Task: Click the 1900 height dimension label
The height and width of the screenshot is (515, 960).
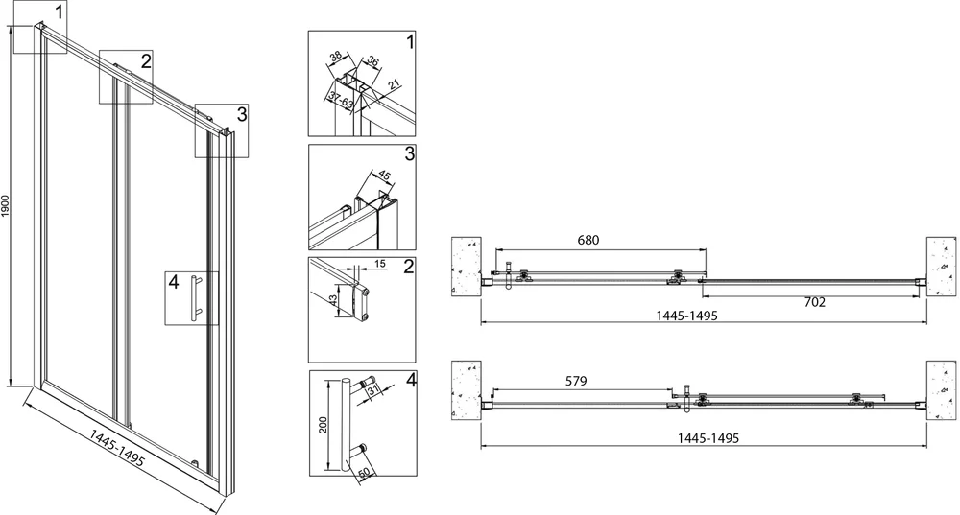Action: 6,206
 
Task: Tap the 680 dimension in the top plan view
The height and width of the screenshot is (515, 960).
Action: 588,240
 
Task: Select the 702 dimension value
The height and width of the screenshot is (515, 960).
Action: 815,302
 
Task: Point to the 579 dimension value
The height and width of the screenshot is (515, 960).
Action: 576,381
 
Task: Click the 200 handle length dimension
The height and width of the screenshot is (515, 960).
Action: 324,425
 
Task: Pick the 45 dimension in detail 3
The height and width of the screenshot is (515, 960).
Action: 384,175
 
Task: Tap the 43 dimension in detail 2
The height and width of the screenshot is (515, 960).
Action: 333,300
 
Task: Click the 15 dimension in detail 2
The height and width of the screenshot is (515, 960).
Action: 379,264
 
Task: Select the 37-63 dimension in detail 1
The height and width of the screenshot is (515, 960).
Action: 341,100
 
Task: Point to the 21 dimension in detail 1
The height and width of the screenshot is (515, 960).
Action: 395,84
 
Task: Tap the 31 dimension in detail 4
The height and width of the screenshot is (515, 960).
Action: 374,388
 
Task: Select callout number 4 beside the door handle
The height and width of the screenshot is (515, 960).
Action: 174,282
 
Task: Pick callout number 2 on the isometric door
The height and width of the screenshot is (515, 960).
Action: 145,61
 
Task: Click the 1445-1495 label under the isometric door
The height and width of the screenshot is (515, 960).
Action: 117,447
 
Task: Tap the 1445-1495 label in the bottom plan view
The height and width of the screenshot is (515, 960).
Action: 708,438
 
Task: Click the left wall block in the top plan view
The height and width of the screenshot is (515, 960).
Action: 466,267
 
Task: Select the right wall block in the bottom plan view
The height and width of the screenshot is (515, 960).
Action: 941,389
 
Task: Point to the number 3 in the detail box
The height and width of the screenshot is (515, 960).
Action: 410,152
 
